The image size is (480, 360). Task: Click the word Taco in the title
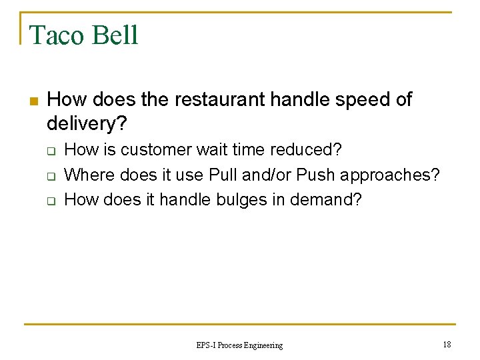[x=55, y=35]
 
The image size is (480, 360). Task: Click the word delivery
[x=85, y=123]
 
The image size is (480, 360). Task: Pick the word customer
[x=147, y=150]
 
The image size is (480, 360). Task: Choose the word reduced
[x=309, y=150]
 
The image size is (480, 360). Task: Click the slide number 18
[x=446, y=344]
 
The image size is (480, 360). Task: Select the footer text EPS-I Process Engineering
[x=239, y=345]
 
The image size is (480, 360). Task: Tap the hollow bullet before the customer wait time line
[x=50, y=151]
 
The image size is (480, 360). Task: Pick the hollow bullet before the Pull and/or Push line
[x=50, y=176]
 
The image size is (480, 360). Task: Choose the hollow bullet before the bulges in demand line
[x=50, y=201]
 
